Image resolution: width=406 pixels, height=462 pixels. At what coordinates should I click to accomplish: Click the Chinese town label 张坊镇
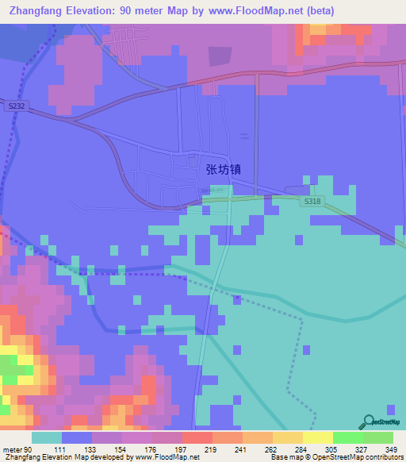tap(223, 168)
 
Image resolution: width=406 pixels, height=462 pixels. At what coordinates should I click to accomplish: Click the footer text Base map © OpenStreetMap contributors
tap(336, 457)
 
